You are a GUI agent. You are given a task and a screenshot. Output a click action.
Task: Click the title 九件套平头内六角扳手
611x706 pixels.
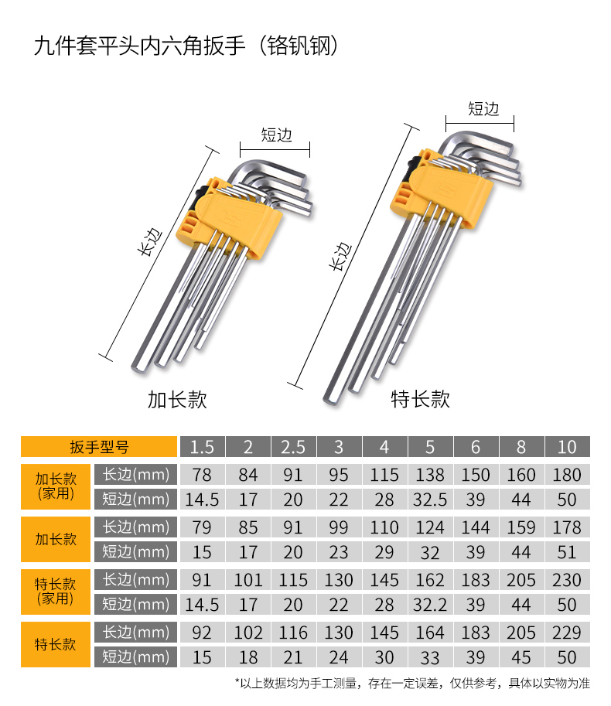click(x=139, y=46)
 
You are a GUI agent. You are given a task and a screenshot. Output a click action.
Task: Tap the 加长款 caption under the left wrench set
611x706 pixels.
click(x=177, y=399)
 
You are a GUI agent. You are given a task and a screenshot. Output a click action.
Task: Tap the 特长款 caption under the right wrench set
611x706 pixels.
click(x=421, y=399)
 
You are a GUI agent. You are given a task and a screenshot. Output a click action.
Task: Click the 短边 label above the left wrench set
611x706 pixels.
click(x=276, y=135)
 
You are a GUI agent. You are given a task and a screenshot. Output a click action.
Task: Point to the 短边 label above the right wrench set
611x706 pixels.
click(x=483, y=109)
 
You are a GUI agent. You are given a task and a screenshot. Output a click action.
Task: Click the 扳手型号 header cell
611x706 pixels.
click(x=99, y=447)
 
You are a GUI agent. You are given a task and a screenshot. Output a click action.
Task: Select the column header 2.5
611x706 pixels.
click(x=293, y=447)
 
